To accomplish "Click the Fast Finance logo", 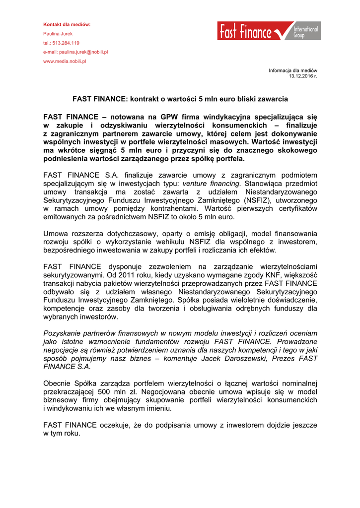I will (x=268, y=31).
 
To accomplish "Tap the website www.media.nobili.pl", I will (x=65, y=61).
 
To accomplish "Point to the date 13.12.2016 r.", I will (x=303, y=76).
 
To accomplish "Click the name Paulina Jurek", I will (x=58, y=34).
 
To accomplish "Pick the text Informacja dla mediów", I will (x=293, y=70).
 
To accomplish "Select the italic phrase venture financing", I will (x=211, y=184).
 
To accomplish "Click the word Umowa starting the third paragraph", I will (x=56, y=234).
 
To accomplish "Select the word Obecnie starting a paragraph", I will (x=58, y=383).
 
